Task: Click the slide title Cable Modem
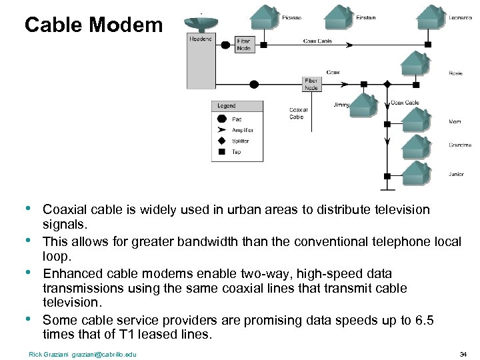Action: (93, 25)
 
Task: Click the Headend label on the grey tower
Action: (200, 39)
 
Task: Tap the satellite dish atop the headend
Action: (199, 21)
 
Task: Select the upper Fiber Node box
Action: (244, 44)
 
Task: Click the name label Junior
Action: (456, 174)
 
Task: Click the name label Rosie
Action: (455, 73)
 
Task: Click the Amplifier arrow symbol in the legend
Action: (222, 130)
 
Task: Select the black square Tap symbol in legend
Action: (222, 152)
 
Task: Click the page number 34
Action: (463, 353)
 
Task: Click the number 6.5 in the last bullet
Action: (425, 321)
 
